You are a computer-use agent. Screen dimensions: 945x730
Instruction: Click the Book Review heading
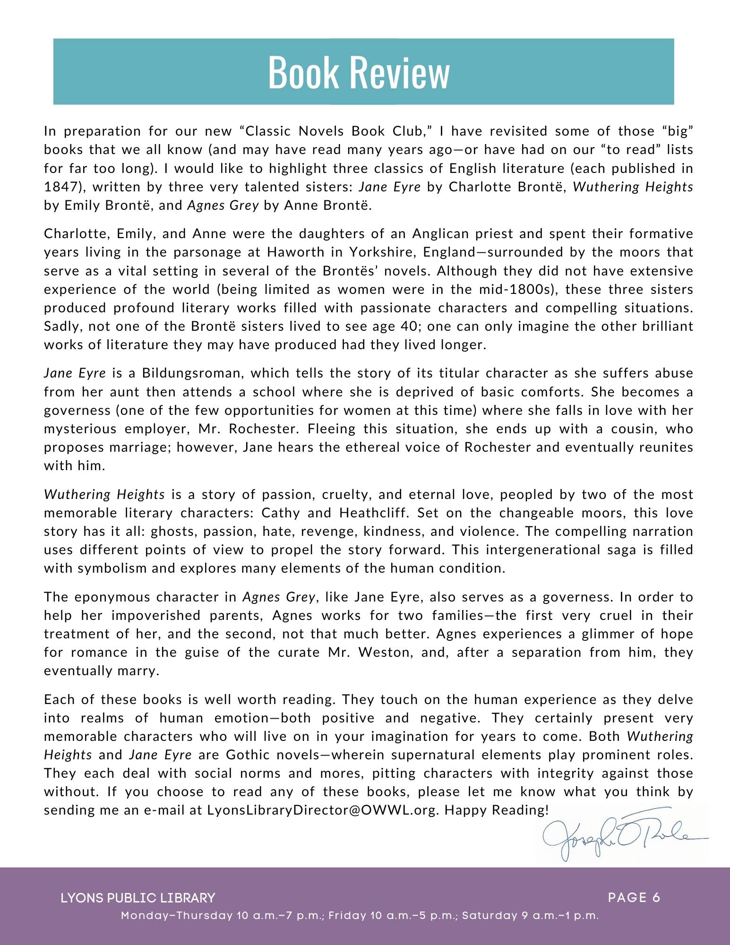click(359, 72)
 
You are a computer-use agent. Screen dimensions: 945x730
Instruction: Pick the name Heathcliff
click(374, 513)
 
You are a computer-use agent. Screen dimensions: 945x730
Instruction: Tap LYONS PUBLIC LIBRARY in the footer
click(138, 898)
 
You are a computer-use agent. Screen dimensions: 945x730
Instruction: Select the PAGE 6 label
click(634, 897)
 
